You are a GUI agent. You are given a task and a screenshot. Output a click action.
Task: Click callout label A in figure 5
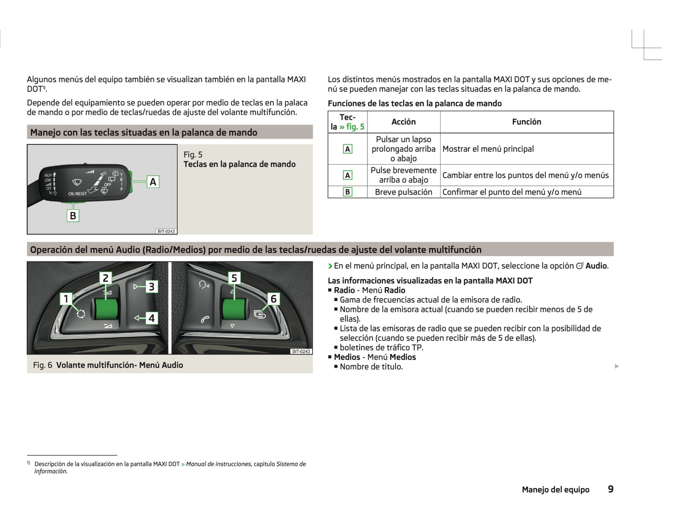coord(153,182)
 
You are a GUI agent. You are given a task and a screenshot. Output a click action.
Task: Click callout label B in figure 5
coord(73,215)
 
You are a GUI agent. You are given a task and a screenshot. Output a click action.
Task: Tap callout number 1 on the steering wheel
coord(67,299)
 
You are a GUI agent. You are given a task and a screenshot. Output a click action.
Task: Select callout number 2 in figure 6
coord(106,278)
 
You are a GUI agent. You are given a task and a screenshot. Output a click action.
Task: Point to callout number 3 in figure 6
coord(151,287)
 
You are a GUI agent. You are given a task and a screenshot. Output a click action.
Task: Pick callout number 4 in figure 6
coord(151,318)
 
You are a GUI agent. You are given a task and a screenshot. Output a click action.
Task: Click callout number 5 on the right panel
coord(234,278)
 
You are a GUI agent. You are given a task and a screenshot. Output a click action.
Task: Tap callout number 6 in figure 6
coord(273,299)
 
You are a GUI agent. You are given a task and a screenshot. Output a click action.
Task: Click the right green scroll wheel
coord(234,309)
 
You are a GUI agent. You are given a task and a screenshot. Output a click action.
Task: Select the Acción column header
coord(403,122)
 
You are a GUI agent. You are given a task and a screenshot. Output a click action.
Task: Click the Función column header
coord(526,122)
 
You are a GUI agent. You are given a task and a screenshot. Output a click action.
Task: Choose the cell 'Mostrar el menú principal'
coord(488,149)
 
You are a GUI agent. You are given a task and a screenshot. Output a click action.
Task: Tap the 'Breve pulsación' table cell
coord(403,192)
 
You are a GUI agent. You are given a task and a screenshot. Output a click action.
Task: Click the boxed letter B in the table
coord(347,192)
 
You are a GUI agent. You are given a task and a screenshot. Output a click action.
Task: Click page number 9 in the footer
coord(610,489)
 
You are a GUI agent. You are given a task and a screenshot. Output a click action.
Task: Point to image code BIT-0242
coord(166,231)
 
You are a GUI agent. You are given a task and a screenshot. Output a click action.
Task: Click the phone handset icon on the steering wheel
coord(205,319)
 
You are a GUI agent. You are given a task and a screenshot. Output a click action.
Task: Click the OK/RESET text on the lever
coord(78,194)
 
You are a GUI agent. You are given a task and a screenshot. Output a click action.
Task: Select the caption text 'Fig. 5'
coord(193,155)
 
